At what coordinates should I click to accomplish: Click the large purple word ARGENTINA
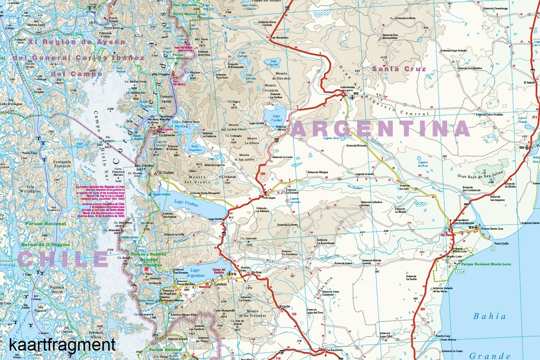pos(381,128)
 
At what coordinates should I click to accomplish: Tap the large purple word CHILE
pos(63,259)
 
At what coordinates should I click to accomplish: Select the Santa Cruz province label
pos(399,69)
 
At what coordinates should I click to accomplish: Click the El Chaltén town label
pos(166,173)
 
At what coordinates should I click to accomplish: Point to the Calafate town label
pos(221,284)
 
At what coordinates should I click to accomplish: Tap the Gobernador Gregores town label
pos(347,89)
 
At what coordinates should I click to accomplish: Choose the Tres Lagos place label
pos(269,198)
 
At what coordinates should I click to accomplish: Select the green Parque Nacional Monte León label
pos(486,264)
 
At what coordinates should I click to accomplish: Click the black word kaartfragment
pos(62,345)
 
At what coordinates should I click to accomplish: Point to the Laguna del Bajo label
pos(423,164)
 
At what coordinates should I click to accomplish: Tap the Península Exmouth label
pos(62,164)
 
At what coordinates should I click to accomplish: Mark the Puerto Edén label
pos(30,153)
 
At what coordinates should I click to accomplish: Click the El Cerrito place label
pos(285,306)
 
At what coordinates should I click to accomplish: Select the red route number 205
pos(423,309)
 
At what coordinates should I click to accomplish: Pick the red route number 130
pos(294,314)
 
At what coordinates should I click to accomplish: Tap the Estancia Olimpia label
pos(318,172)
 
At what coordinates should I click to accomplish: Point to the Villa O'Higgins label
pos(161,75)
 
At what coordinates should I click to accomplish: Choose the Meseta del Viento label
pos(197,179)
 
